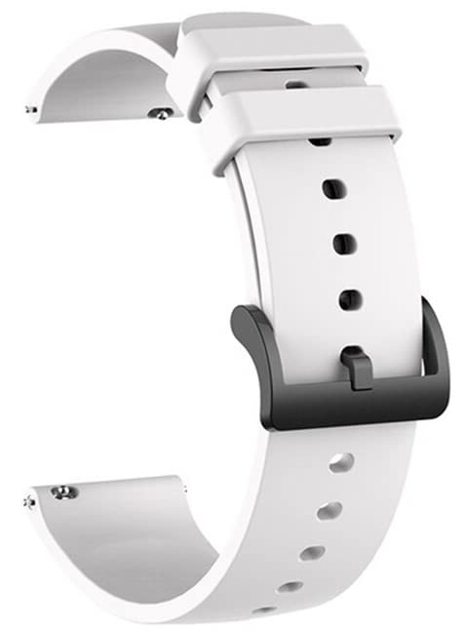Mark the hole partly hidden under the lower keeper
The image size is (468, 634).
(x=320, y=141)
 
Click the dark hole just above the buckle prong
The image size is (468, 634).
(x=349, y=297)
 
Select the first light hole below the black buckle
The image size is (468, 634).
(x=340, y=463)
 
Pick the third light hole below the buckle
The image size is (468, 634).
(x=312, y=553)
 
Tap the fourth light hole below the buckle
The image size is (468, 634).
(x=290, y=587)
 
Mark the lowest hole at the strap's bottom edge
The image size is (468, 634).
(x=264, y=611)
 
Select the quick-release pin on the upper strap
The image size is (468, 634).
(x=156, y=114)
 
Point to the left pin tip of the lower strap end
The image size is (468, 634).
(x=29, y=501)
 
